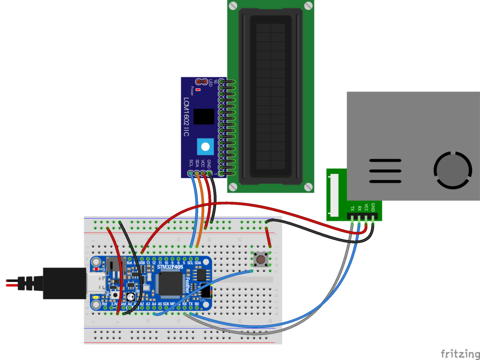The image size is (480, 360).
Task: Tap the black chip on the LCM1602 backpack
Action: pyautogui.click(x=203, y=116)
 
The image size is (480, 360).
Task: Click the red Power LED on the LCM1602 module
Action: pyautogui.click(x=198, y=89)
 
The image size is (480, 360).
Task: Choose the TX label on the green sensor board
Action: pyautogui.click(x=352, y=208)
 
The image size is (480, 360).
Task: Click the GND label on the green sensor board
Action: pyautogui.click(x=373, y=207)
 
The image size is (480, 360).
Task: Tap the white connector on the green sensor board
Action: pyautogui.click(x=333, y=195)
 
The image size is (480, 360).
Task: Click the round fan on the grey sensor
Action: pyautogui.click(x=453, y=170)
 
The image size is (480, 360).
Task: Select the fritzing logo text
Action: pyautogui.click(x=460, y=353)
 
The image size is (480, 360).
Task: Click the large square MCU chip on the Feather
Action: pyautogui.click(x=169, y=284)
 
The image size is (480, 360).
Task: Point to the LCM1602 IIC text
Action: pyautogui.click(x=186, y=118)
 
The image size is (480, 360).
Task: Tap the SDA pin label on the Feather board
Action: pyautogui.click(x=198, y=262)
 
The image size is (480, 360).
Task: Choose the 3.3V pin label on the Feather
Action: pyautogui.click(x=114, y=304)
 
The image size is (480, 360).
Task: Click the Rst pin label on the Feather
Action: pyautogui.click(x=105, y=304)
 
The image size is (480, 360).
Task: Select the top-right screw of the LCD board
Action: pyautogui.click(x=307, y=6)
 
